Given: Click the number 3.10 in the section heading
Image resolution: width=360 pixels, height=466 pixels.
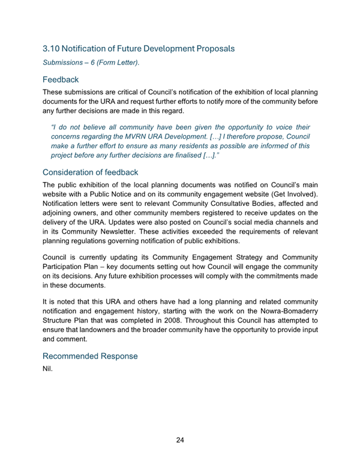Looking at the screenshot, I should [53, 47].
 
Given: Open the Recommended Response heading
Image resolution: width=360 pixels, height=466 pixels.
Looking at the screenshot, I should [90, 356].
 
